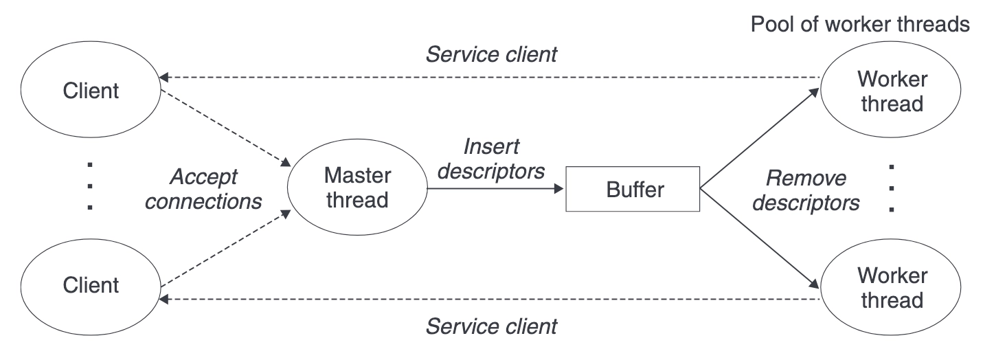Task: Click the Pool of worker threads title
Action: (859, 24)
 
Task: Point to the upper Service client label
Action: (491, 54)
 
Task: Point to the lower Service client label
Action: (491, 326)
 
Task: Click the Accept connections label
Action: (203, 189)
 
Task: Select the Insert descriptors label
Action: (491, 159)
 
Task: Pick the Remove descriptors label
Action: (806, 190)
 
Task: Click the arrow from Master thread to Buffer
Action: (495, 189)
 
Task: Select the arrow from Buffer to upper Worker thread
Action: (760, 138)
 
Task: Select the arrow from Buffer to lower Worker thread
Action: (760, 239)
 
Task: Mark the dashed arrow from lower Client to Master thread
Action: (226, 249)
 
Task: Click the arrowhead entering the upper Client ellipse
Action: (163, 78)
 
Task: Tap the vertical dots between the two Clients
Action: (90, 186)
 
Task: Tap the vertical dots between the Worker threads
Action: (891, 188)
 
